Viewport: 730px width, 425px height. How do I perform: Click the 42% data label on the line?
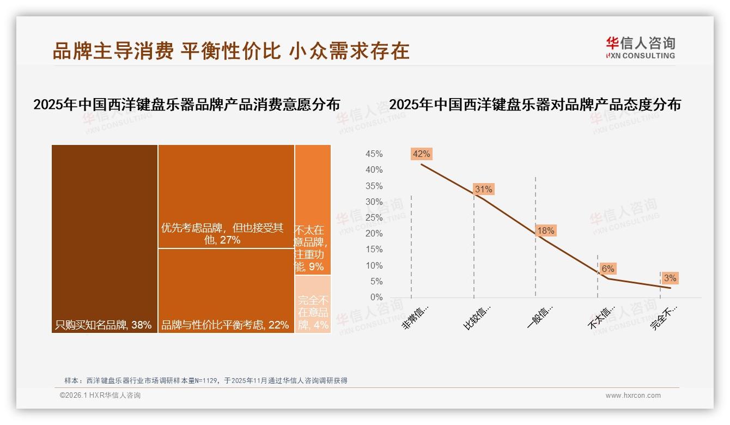421,154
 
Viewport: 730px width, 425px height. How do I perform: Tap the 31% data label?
483,189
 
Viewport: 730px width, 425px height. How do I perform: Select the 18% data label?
545,230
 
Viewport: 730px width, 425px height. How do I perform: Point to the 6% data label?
607,269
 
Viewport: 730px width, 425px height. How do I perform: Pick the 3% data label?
670,278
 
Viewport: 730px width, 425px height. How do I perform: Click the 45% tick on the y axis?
374,154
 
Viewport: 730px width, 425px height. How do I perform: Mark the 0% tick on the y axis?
376,297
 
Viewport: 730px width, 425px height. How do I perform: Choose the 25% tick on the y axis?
374,218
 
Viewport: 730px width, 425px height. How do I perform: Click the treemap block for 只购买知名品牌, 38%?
105,239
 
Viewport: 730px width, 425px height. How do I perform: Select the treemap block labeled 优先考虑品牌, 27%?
226,196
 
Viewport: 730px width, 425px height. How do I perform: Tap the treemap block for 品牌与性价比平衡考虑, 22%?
226,290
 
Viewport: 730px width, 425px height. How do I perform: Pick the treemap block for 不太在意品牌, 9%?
313,210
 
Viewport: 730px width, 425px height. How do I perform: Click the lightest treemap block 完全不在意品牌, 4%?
313,304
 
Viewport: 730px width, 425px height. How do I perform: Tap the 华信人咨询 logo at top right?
640,47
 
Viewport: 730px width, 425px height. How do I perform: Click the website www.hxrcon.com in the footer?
633,396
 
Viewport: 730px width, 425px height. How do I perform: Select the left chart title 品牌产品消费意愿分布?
187,105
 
